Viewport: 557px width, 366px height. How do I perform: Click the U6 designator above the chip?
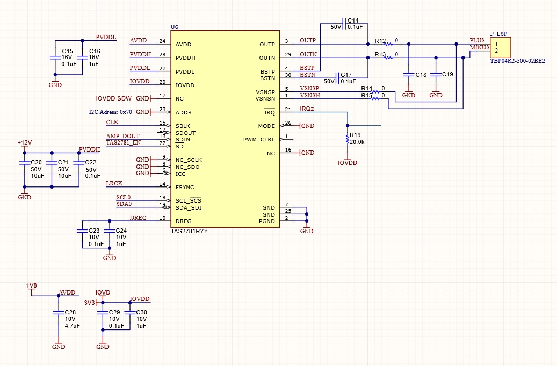[175, 27]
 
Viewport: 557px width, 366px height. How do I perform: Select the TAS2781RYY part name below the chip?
[190, 231]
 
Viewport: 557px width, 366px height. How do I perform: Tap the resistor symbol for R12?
[389, 44]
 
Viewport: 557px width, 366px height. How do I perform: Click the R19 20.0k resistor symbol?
[348, 139]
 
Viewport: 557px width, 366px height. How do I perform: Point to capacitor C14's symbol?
[344, 24]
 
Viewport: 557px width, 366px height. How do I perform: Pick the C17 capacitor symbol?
[337, 78]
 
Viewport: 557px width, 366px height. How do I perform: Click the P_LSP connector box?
[500, 47]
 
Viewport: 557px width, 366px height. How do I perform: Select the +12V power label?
[25, 142]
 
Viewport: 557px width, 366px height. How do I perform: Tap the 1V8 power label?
[32, 286]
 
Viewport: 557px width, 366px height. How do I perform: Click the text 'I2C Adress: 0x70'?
[111, 112]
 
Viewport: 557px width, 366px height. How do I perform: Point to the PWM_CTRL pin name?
[259, 140]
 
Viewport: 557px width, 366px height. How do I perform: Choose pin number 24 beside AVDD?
[162, 41]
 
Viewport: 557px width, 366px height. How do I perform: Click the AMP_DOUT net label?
[123, 136]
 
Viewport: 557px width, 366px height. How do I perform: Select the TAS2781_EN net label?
[123, 142]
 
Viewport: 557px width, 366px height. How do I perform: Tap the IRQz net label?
[307, 109]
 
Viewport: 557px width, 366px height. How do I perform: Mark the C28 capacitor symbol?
[59, 313]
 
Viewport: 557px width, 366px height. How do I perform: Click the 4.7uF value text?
[73, 326]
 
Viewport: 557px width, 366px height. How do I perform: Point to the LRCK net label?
[114, 183]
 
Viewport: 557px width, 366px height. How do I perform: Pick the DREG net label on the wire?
[138, 218]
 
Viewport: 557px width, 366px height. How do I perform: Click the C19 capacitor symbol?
[436, 75]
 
